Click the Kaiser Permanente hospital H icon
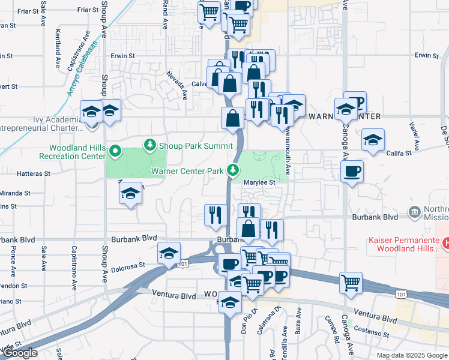(445, 243)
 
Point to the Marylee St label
(259, 182)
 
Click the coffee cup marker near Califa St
(352, 172)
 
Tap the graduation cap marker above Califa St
(373, 141)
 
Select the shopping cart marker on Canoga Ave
(351, 282)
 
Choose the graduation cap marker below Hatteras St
(130, 194)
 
